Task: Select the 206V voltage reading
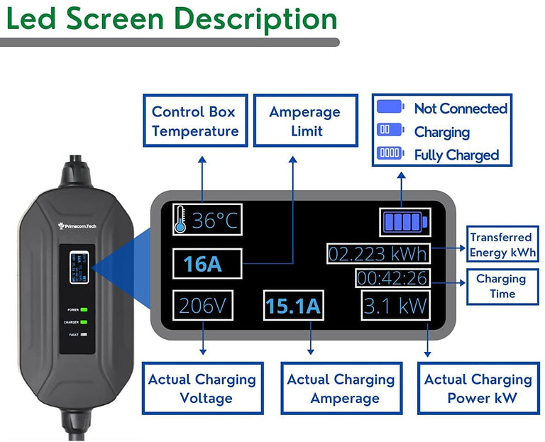coord(202,306)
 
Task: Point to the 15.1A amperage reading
coord(292,306)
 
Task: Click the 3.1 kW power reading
coord(395,306)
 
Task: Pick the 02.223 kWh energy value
coord(378,253)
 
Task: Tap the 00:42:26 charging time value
coord(392,277)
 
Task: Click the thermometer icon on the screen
coord(180,221)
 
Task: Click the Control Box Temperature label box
coord(195,121)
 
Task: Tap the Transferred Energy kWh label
coord(500,245)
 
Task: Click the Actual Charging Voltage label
coord(202,388)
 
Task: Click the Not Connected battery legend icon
coord(390,108)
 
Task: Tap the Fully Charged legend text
coord(456,155)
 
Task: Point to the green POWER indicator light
coord(84,310)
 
